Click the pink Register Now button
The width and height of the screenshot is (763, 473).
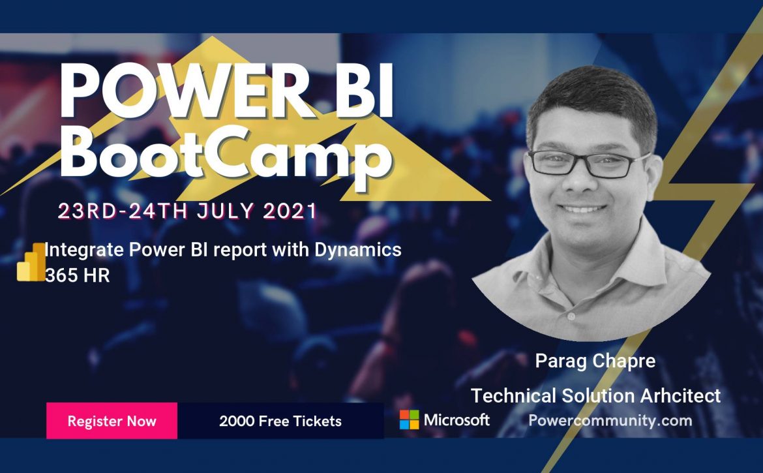click(x=112, y=420)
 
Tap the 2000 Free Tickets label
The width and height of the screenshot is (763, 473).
click(x=280, y=421)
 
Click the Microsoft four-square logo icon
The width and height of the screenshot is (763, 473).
click(x=410, y=420)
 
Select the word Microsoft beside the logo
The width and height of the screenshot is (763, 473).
click(x=456, y=420)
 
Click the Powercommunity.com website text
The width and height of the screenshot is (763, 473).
click(x=610, y=420)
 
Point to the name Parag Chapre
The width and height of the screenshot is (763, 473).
click(x=595, y=361)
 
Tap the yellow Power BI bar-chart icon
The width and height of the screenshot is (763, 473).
click(x=31, y=262)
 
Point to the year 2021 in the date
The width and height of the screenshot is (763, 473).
click(x=290, y=211)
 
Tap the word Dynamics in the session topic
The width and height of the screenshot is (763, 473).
click(x=357, y=250)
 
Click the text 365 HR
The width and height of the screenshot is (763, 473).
click(x=78, y=275)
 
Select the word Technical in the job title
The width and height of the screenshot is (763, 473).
click(x=513, y=395)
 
